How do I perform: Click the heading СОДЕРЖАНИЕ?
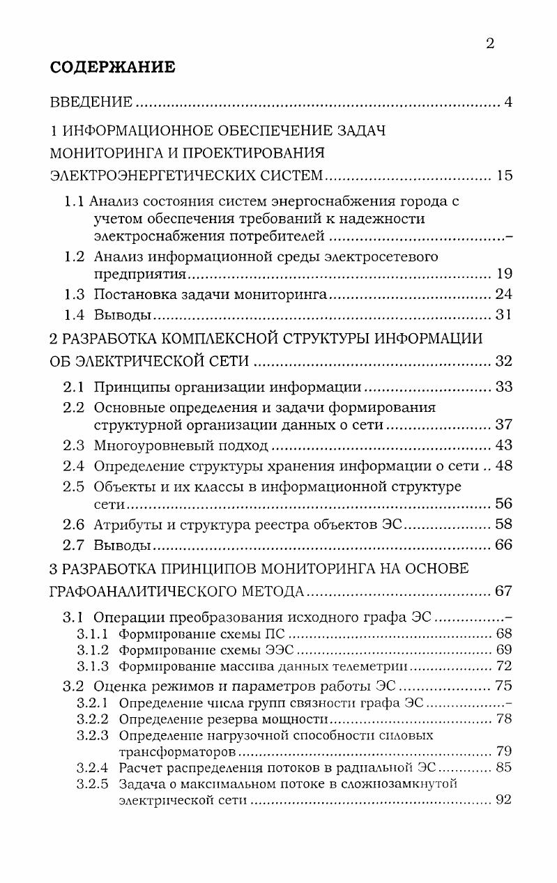click(x=113, y=68)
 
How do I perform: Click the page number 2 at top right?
click(x=489, y=44)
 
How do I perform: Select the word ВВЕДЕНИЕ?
click(x=91, y=103)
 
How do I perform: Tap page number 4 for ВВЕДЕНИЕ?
click(x=508, y=103)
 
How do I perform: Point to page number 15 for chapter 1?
click(x=504, y=176)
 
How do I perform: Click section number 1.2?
click(x=75, y=256)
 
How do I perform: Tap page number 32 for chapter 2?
click(x=503, y=361)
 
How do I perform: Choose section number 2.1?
click(x=74, y=387)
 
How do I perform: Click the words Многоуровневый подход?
click(x=181, y=445)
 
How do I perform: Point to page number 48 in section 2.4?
click(x=503, y=466)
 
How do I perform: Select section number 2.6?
click(x=74, y=524)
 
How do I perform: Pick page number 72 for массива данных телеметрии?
click(x=504, y=666)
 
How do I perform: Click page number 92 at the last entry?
click(x=504, y=800)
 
